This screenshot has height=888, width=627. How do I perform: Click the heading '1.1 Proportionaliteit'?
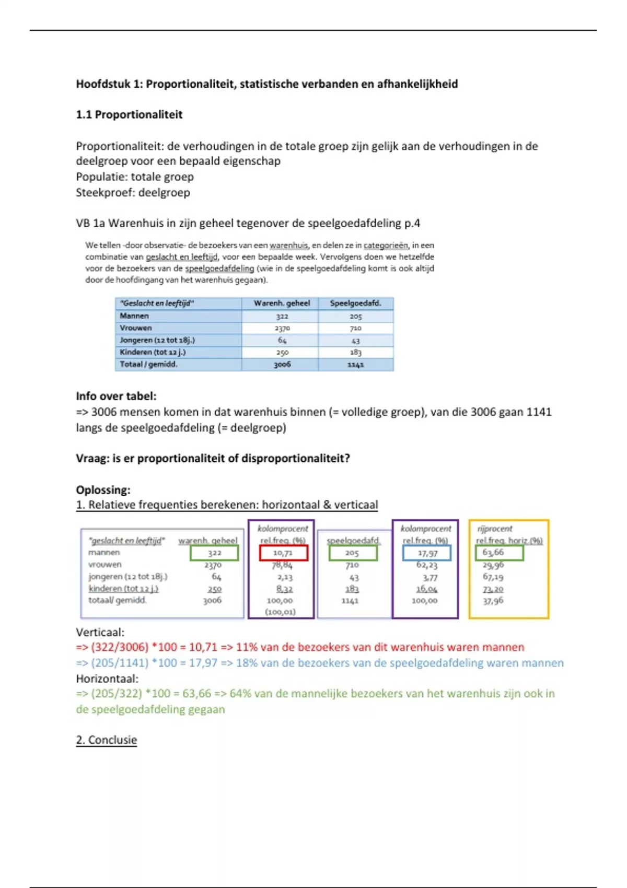coord(129,114)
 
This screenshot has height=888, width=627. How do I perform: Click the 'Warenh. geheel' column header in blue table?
coord(282,303)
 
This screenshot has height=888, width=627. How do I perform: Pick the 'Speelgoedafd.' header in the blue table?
coord(355,303)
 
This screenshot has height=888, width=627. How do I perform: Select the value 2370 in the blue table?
coord(282,328)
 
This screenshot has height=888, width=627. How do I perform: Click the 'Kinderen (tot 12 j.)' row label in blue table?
coord(153,352)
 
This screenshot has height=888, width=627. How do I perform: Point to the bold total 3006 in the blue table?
coord(282,364)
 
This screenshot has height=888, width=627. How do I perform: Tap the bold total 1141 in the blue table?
coord(355,365)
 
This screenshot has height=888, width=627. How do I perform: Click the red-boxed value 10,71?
coord(283,553)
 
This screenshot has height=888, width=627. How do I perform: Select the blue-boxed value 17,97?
coord(427,553)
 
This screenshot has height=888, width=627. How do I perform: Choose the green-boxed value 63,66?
coord(493,552)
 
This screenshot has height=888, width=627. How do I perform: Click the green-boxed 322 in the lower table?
coord(214,553)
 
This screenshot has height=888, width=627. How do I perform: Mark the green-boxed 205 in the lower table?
coord(352,553)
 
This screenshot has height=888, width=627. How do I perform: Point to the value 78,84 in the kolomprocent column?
coord(282,565)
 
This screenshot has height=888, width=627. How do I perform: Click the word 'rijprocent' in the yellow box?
coord(494,529)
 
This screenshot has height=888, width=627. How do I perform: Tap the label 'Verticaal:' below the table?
coord(100,632)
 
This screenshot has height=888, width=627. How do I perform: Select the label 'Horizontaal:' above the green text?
coord(107,679)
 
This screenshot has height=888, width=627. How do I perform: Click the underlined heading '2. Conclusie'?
coord(107,740)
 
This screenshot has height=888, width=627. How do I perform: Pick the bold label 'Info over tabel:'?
coord(116,396)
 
